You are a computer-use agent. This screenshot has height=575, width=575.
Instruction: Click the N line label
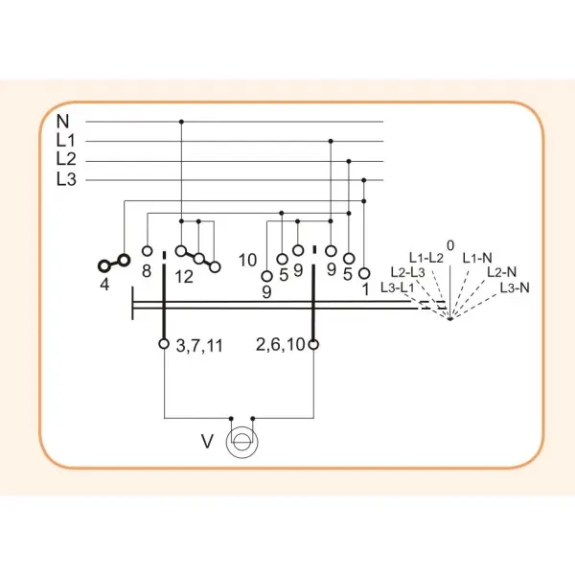coord(62,121)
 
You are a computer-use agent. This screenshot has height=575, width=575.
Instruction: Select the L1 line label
coord(66,141)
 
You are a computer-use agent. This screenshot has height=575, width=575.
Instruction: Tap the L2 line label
coord(66,159)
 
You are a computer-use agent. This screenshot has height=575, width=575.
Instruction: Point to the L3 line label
coord(66,179)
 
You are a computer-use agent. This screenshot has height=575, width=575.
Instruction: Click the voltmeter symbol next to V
coord(242,442)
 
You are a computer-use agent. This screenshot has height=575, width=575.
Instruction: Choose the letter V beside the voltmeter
coord(207,442)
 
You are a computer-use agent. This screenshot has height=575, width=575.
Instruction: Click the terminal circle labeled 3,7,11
coord(164,344)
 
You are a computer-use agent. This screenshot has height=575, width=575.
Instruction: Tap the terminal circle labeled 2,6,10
coord(313,344)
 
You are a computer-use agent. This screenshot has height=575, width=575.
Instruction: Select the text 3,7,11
coord(199,346)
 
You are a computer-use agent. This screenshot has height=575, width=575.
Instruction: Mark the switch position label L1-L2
coord(426,258)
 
